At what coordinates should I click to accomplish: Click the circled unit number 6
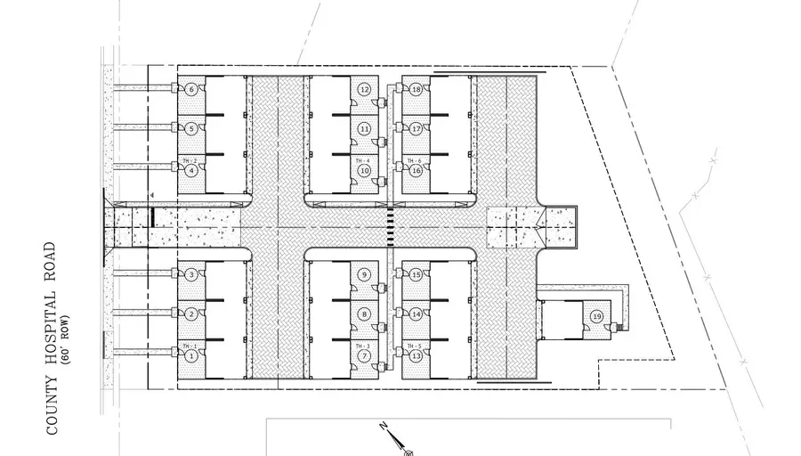pos(191,89)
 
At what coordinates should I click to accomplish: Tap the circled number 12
pos(364,89)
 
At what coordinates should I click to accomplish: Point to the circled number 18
pos(416,89)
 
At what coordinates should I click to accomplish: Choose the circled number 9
pos(364,275)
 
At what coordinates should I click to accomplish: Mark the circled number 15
pos(416,275)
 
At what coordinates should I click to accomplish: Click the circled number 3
pos(191,274)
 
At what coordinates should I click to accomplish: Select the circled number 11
pos(364,128)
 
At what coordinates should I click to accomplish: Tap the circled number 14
pos(416,314)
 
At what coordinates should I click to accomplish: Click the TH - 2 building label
pos(188,160)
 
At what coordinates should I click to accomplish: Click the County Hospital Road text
pos(52,338)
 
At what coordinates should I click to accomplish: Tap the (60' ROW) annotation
pos(65,339)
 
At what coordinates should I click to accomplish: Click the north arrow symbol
pos(392,436)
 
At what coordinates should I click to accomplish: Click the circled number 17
pos(416,128)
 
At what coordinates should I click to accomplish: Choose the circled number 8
pos(364,314)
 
